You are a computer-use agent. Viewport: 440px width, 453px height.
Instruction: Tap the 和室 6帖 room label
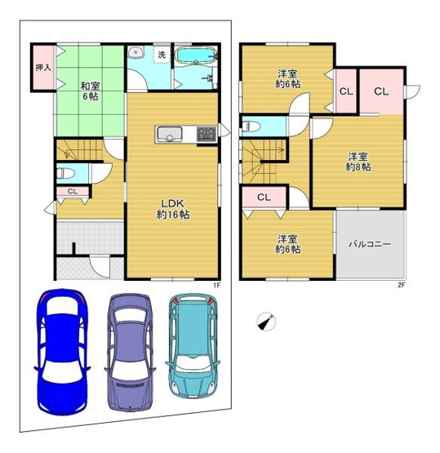tap(89, 89)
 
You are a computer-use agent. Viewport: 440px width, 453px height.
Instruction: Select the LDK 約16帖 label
tap(173, 209)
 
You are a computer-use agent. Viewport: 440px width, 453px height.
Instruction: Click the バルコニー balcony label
tap(370, 244)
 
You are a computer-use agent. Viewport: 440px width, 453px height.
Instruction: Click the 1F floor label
tap(217, 284)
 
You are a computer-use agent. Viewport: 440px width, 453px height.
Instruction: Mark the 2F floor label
tap(401, 284)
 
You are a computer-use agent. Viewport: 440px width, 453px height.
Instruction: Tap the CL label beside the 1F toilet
tap(72, 192)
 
